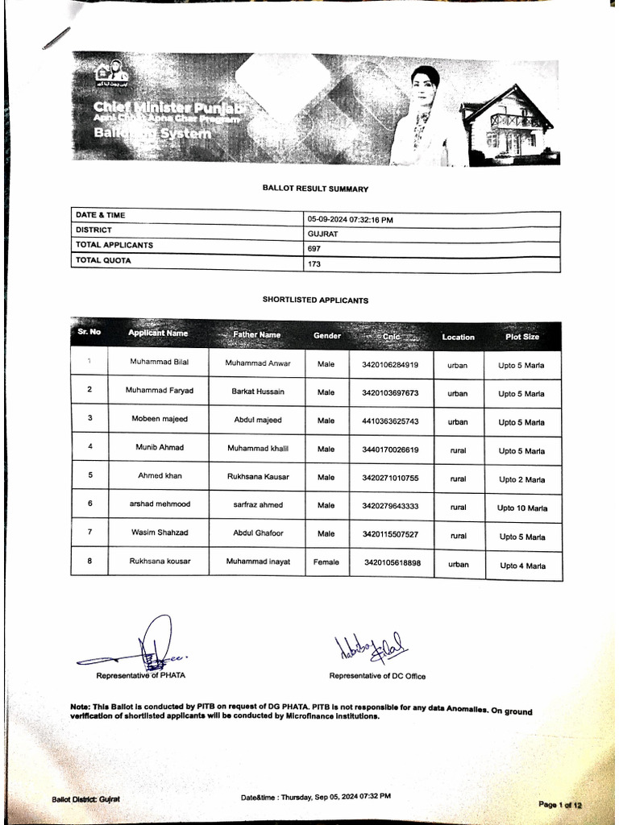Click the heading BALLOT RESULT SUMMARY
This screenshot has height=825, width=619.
tap(315, 189)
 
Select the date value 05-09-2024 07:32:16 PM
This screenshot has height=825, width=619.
tap(350, 219)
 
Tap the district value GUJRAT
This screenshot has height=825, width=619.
tap(322, 234)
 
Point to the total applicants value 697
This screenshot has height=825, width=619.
tap(314, 249)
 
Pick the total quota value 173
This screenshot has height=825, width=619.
tap(314, 264)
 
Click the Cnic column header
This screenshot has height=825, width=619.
tap(392, 336)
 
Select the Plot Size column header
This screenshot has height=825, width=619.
tap(521, 337)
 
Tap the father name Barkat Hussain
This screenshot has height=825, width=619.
tap(257, 392)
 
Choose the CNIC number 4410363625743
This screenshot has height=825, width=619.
tap(391, 421)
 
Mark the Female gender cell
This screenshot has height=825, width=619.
tap(326, 562)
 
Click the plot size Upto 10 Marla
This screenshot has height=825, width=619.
tap(521, 508)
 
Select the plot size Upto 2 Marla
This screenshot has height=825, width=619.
tap(521, 480)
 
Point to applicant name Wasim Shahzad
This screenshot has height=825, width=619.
tap(159, 533)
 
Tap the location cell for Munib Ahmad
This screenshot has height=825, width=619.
tap(458, 450)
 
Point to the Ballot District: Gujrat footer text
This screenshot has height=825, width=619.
tap(85, 799)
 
